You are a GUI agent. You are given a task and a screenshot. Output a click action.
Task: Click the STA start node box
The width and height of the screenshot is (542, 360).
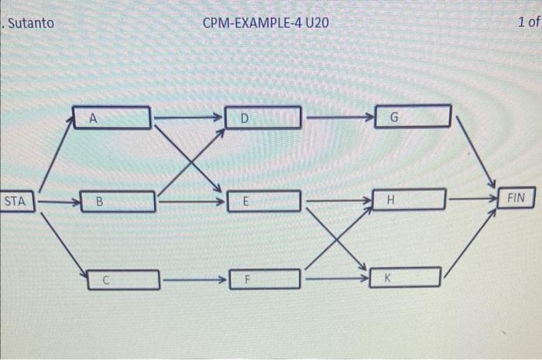(16, 202)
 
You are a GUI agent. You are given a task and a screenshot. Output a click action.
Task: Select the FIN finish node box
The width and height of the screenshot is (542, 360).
(516, 198)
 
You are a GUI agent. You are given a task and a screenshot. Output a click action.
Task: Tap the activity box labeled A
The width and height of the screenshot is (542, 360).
(113, 118)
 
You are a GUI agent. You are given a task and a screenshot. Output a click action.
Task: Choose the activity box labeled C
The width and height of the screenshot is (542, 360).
(123, 278)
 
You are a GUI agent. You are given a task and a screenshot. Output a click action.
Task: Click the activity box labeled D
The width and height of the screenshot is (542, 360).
(263, 118)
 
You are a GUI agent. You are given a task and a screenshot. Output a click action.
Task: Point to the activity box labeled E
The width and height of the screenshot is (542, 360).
(263, 201)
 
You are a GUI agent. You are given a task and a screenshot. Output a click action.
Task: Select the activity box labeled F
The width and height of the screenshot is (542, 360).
(264, 278)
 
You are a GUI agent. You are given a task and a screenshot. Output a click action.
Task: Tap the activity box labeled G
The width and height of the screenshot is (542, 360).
(412, 117)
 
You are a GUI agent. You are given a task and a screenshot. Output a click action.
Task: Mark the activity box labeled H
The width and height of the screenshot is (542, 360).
(409, 199)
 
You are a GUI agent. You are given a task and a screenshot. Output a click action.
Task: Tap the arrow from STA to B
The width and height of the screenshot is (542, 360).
(59, 204)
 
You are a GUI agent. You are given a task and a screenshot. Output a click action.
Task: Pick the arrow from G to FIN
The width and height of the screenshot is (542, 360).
(476, 152)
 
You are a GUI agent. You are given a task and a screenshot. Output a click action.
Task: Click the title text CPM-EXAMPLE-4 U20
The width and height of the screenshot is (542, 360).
(266, 22)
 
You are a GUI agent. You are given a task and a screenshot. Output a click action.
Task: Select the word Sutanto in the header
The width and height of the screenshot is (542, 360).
(31, 22)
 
